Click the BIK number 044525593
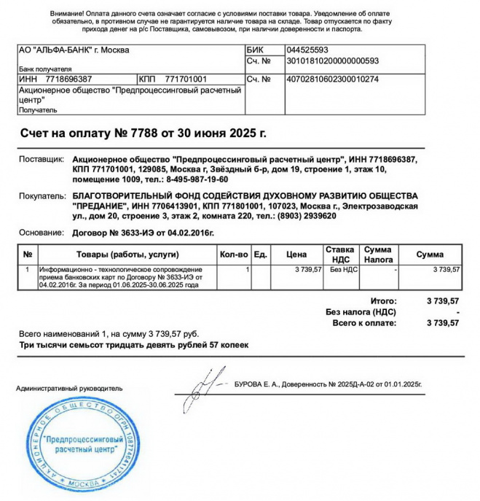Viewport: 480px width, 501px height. coord(308,50)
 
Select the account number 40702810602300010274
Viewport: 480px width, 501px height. coord(332,79)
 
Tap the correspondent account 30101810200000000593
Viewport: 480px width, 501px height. coord(333,61)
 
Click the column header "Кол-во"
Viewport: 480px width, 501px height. coord(234,255)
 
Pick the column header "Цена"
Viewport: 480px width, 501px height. coord(296,255)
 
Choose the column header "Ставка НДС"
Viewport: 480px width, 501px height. coord(340,254)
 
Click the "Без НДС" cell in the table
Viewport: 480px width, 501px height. coord(340,270)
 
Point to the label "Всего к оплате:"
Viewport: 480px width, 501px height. coord(365,322)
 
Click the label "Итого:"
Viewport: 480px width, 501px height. coord(384,300)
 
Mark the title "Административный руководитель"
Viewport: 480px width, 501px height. coord(69,389)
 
